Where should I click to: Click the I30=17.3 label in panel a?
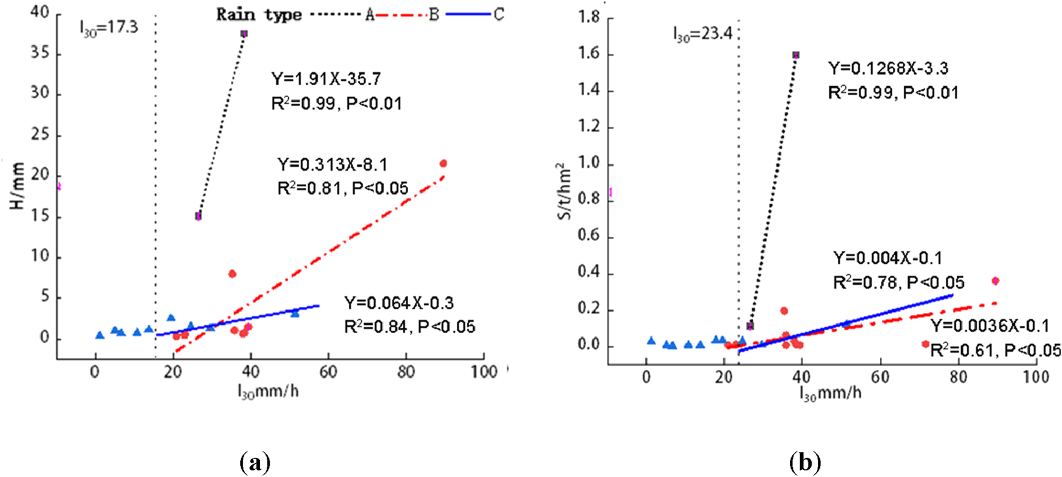pos(108,28)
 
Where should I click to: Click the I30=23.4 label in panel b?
pos(702,34)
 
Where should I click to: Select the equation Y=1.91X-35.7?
pos(326,79)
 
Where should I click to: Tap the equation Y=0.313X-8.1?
pos(332,164)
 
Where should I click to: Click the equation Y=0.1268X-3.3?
pos(888,69)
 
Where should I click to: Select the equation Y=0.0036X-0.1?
pos(989,327)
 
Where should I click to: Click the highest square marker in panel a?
pos(244,34)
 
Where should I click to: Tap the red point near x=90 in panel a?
pos(443,164)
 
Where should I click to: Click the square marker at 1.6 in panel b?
pos(796,55)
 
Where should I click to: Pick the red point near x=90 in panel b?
pos(995,281)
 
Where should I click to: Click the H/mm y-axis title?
pos(18,186)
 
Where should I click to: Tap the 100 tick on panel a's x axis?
pos(484,372)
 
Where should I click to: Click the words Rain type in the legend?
pos(258,14)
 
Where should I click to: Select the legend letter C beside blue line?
pos(499,14)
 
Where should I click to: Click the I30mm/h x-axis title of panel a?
pos(268,393)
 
